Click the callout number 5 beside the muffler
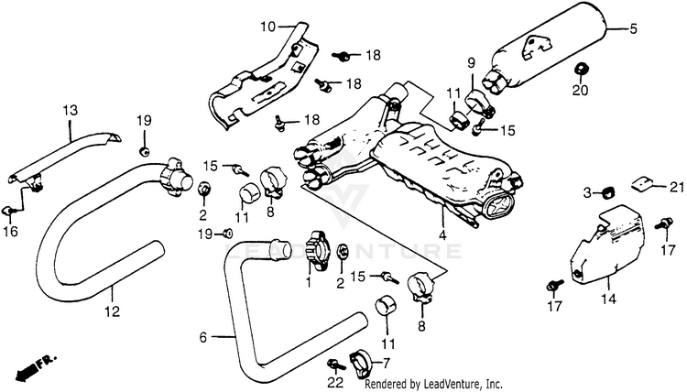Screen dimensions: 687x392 (x=633, y=29)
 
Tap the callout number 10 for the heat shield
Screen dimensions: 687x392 (x=267, y=27)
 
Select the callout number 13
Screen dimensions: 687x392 (x=71, y=110)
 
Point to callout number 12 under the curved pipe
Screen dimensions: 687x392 (x=112, y=311)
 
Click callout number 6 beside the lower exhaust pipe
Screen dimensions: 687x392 (x=202, y=338)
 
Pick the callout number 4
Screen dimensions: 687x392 (x=442, y=235)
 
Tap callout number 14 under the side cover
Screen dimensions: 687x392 (x=608, y=299)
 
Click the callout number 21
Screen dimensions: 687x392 (x=676, y=187)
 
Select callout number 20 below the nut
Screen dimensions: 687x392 (x=580, y=91)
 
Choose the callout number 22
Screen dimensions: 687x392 (x=335, y=382)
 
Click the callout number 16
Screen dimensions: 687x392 (x=11, y=231)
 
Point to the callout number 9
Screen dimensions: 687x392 (x=471, y=63)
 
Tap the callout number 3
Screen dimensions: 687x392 (x=587, y=192)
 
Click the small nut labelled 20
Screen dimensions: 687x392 (x=581, y=70)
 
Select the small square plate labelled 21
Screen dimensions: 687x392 (x=642, y=183)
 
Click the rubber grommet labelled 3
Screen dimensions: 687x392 (x=607, y=191)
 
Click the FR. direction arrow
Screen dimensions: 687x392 (x=35, y=368)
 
